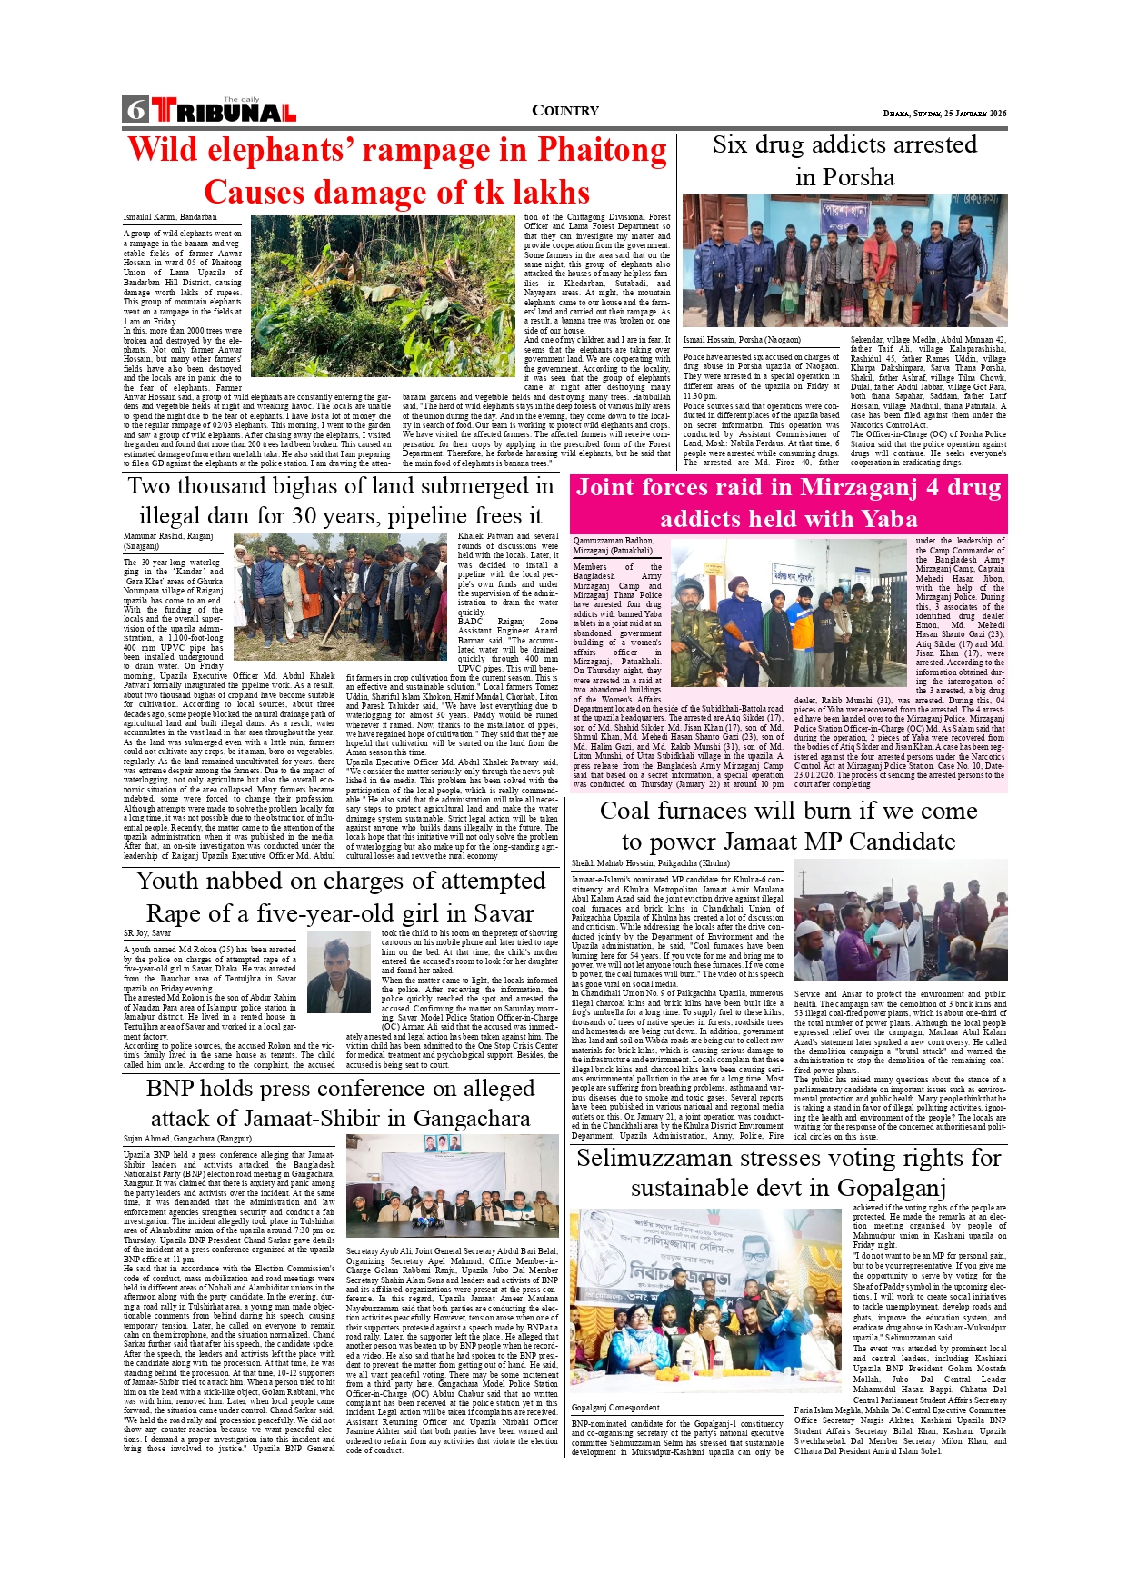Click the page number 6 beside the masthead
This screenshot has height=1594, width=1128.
pyautogui.click(x=136, y=110)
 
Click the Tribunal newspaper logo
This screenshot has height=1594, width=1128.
pyautogui.click(x=225, y=111)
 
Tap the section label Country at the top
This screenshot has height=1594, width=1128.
pyautogui.click(x=564, y=111)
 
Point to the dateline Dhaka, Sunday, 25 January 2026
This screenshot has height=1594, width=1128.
pyautogui.click(x=944, y=114)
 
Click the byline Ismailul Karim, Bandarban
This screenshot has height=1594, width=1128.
pyautogui.click(x=170, y=217)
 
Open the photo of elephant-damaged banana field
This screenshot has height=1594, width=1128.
pyautogui.click(x=383, y=295)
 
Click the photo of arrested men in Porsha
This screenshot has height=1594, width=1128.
pyautogui.click(x=844, y=261)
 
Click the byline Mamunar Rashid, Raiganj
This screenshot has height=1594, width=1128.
pyautogui.click(x=168, y=537)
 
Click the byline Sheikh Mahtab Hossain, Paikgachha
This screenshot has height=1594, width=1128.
pyautogui.click(x=651, y=863)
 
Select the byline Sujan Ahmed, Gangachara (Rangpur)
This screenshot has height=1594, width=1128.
pyautogui.click(x=187, y=1139)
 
